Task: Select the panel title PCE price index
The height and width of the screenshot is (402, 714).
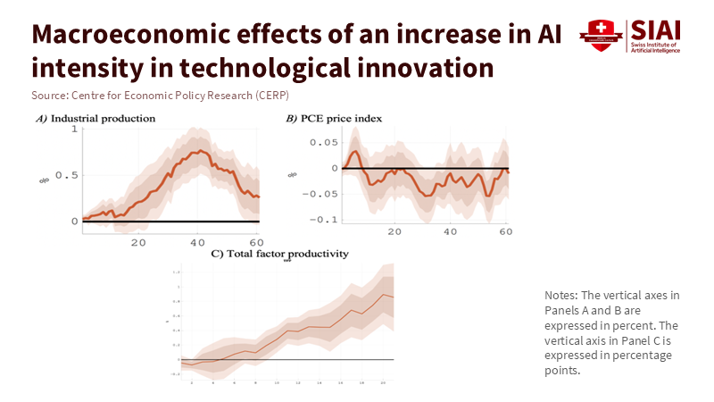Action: pos(336,118)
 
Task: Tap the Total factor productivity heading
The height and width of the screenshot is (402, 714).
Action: pos(278,254)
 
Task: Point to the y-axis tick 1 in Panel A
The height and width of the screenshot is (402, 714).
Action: pos(73,130)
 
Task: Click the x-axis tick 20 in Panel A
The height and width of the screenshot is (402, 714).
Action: pos(138,242)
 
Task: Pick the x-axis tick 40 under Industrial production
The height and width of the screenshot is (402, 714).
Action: pos(197,242)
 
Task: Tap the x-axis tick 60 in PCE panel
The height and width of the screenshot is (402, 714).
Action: pos(505,231)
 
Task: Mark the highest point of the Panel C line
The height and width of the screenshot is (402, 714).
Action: pos(383,294)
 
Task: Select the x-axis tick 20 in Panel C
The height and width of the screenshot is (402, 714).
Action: pos(383,382)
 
